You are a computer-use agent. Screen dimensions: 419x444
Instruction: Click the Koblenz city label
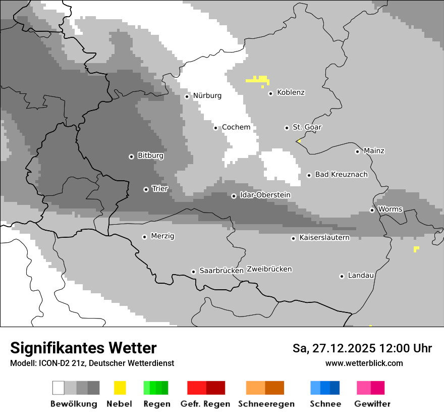tap(291, 92)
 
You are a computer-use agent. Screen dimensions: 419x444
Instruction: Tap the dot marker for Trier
tap(146, 189)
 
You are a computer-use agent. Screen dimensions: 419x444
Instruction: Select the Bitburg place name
tap(150, 155)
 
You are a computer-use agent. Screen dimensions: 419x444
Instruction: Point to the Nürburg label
tap(207, 95)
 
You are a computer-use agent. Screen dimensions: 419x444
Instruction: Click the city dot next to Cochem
tap(215, 128)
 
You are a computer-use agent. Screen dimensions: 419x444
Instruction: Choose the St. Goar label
tap(307, 127)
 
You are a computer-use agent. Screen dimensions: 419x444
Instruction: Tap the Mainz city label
tap(374, 151)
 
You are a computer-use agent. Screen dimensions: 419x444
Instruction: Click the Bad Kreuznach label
tap(341, 175)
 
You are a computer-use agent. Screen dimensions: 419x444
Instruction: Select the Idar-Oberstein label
tap(265, 195)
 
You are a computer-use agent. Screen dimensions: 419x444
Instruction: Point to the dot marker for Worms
tap(372, 210)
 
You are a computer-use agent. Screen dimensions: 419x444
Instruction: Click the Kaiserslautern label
tap(324, 237)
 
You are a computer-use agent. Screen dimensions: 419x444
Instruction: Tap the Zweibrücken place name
tap(269, 269)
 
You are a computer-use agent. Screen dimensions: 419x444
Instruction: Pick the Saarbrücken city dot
tap(193, 272)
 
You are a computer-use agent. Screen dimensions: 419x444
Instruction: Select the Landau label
tap(361, 276)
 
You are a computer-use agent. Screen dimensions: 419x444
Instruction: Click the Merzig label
tap(162, 236)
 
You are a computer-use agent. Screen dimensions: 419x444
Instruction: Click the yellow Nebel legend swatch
tap(120, 388)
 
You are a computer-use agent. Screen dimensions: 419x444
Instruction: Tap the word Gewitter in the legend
tap(372, 404)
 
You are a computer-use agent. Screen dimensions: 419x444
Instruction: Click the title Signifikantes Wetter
tap(83, 348)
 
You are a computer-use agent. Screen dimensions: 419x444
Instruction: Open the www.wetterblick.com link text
tap(364, 363)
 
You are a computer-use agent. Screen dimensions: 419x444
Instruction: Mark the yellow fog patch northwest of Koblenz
tap(258, 80)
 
